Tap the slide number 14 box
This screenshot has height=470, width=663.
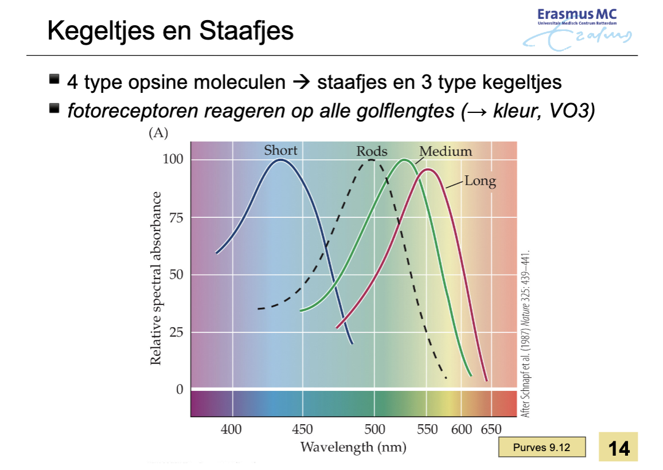[x=618, y=447]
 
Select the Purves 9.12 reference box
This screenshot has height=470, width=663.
[x=542, y=447]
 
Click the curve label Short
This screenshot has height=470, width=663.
[x=280, y=150]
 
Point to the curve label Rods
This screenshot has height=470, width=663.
[x=372, y=151]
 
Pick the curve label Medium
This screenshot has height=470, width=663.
[x=446, y=151]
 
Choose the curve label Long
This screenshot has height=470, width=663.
[x=481, y=181]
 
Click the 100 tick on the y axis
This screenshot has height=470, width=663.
[x=173, y=159]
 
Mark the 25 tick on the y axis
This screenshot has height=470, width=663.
[x=176, y=332]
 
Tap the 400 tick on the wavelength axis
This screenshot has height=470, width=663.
[x=231, y=429]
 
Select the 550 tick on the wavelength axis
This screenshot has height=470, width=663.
[x=427, y=429]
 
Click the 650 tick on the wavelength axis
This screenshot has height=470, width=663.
[x=491, y=429]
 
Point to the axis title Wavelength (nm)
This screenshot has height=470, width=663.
[x=353, y=447]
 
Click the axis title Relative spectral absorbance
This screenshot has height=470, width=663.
[x=155, y=278]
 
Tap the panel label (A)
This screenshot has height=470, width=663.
[x=158, y=133]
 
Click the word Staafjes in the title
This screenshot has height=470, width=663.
[x=246, y=31]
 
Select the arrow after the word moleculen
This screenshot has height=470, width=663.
[x=302, y=81]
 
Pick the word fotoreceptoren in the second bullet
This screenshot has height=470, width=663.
[x=132, y=111]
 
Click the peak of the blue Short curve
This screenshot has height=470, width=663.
[x=280, y=160]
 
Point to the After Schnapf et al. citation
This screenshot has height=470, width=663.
[x=525, y=335]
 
